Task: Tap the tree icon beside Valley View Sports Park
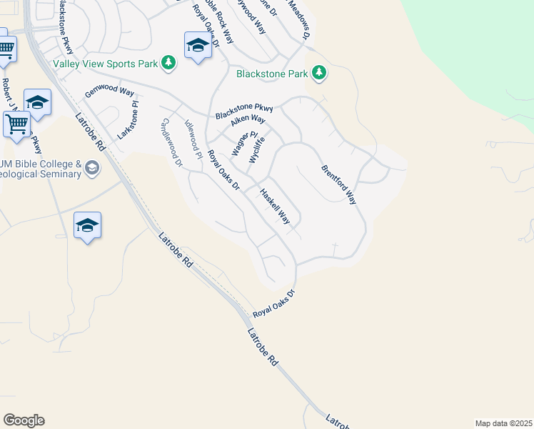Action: pos(168,64)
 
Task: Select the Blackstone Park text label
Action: pos(273,73)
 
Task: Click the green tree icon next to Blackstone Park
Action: pos(319,73)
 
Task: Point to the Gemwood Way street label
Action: pos(109,92)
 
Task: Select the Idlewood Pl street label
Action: pos(193,137)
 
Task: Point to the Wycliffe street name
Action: pos(256,149)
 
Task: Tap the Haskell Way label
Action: pos(275,207)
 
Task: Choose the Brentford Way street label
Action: pos(338,185)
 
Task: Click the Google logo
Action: pos(24,420)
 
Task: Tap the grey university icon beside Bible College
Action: pos(91,168)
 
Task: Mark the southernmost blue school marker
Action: pos(87,226)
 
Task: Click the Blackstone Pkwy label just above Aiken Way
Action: pos(244,112)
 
